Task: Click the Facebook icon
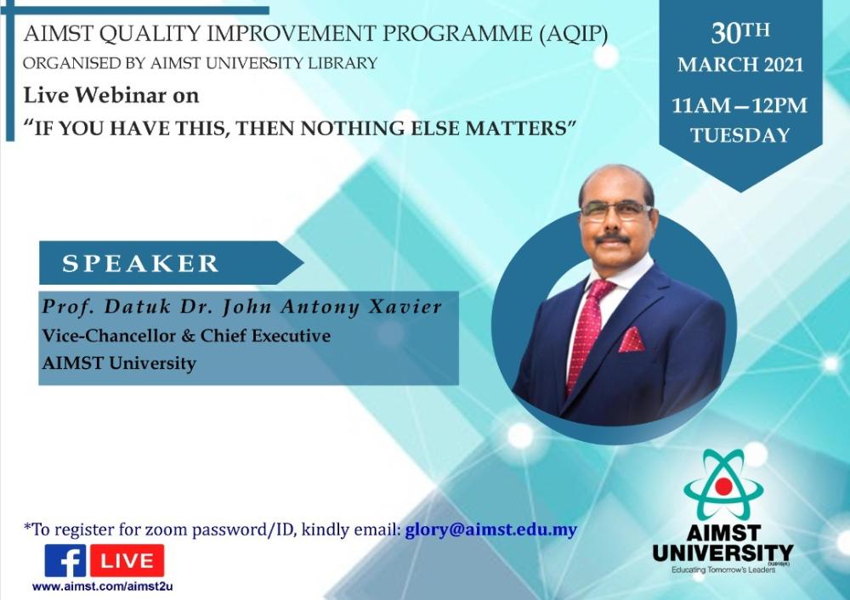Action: [65, 560]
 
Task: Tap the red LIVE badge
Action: [127, 560]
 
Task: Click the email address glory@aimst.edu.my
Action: [491, 529]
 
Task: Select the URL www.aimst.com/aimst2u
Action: [103, 586]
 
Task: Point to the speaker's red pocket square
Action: [632, 340]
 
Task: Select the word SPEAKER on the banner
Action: [140, 263]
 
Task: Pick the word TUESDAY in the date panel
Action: [740, 135]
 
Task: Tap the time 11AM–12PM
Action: [739, 105]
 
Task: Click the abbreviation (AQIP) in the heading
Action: [574, 34]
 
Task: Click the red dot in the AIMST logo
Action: [723, 486]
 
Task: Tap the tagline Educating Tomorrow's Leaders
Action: [723, 569]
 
